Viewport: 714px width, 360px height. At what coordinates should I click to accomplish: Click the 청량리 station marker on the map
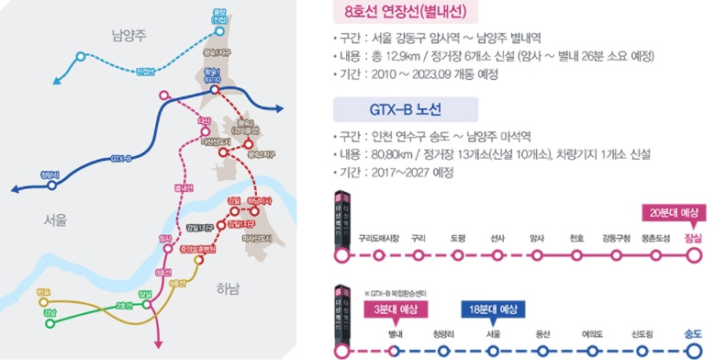(51, 184)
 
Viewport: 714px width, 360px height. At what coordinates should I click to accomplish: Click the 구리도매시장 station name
(378, 239)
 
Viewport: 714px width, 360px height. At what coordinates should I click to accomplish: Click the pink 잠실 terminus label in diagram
(693, 237)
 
